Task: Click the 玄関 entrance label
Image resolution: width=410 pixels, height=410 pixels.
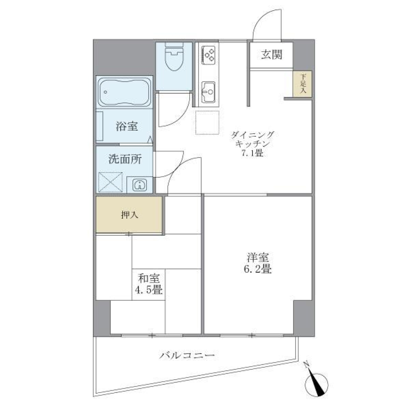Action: [x=271, y=55]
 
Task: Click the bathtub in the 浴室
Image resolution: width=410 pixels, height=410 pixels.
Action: [x=124, y=91]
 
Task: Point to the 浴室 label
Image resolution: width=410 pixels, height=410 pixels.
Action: [x=127, y=126]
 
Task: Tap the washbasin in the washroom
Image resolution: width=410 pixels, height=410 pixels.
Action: [x=140, y=185]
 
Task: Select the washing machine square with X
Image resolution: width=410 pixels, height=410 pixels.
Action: [x=111, y=182]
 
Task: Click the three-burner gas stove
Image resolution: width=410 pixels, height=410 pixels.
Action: [x=208, y=55]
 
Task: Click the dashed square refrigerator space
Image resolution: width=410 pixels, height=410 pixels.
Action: [x=208, y=123]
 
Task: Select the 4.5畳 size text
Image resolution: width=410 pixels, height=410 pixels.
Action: [x=148, y=290]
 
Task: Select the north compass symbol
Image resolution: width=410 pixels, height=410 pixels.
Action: [x=316, y=381]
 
